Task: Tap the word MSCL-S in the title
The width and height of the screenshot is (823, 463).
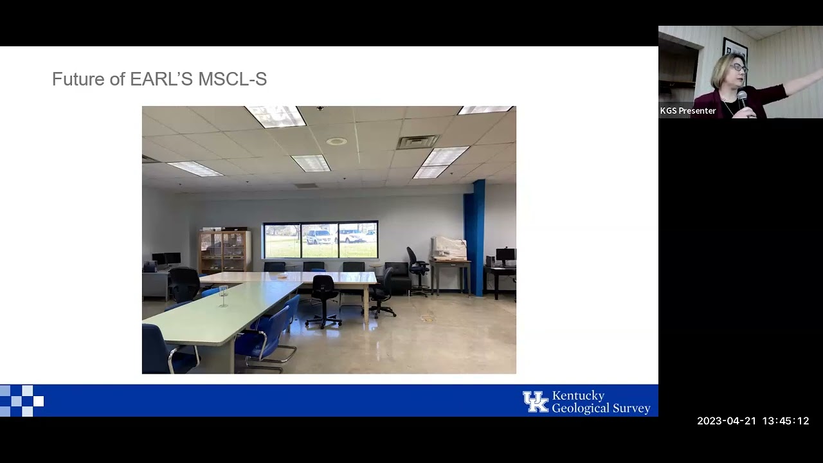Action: (232, 79)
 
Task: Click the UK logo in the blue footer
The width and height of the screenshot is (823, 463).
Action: (535, 401)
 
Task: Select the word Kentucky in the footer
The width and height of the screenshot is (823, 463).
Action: (578, 395)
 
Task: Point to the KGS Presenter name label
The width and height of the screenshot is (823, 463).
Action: (687, 111)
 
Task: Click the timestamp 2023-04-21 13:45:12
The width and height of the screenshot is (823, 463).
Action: (753, 421)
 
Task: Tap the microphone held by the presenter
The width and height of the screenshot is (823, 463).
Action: (742, 99)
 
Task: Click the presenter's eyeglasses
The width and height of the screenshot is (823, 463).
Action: (738, 67)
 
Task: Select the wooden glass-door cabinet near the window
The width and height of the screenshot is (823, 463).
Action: (224, 251)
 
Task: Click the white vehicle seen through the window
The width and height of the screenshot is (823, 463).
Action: (318, 237)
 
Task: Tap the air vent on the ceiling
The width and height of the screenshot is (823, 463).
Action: (417, 141)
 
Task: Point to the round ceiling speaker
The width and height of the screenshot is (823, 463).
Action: (336, 141)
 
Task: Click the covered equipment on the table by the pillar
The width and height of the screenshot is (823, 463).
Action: (449, 248)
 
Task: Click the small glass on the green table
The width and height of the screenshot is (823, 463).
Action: (224, 295)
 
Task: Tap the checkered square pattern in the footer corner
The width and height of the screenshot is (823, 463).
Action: (21, 401)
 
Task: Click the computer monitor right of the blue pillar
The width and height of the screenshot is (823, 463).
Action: (505, 255)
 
